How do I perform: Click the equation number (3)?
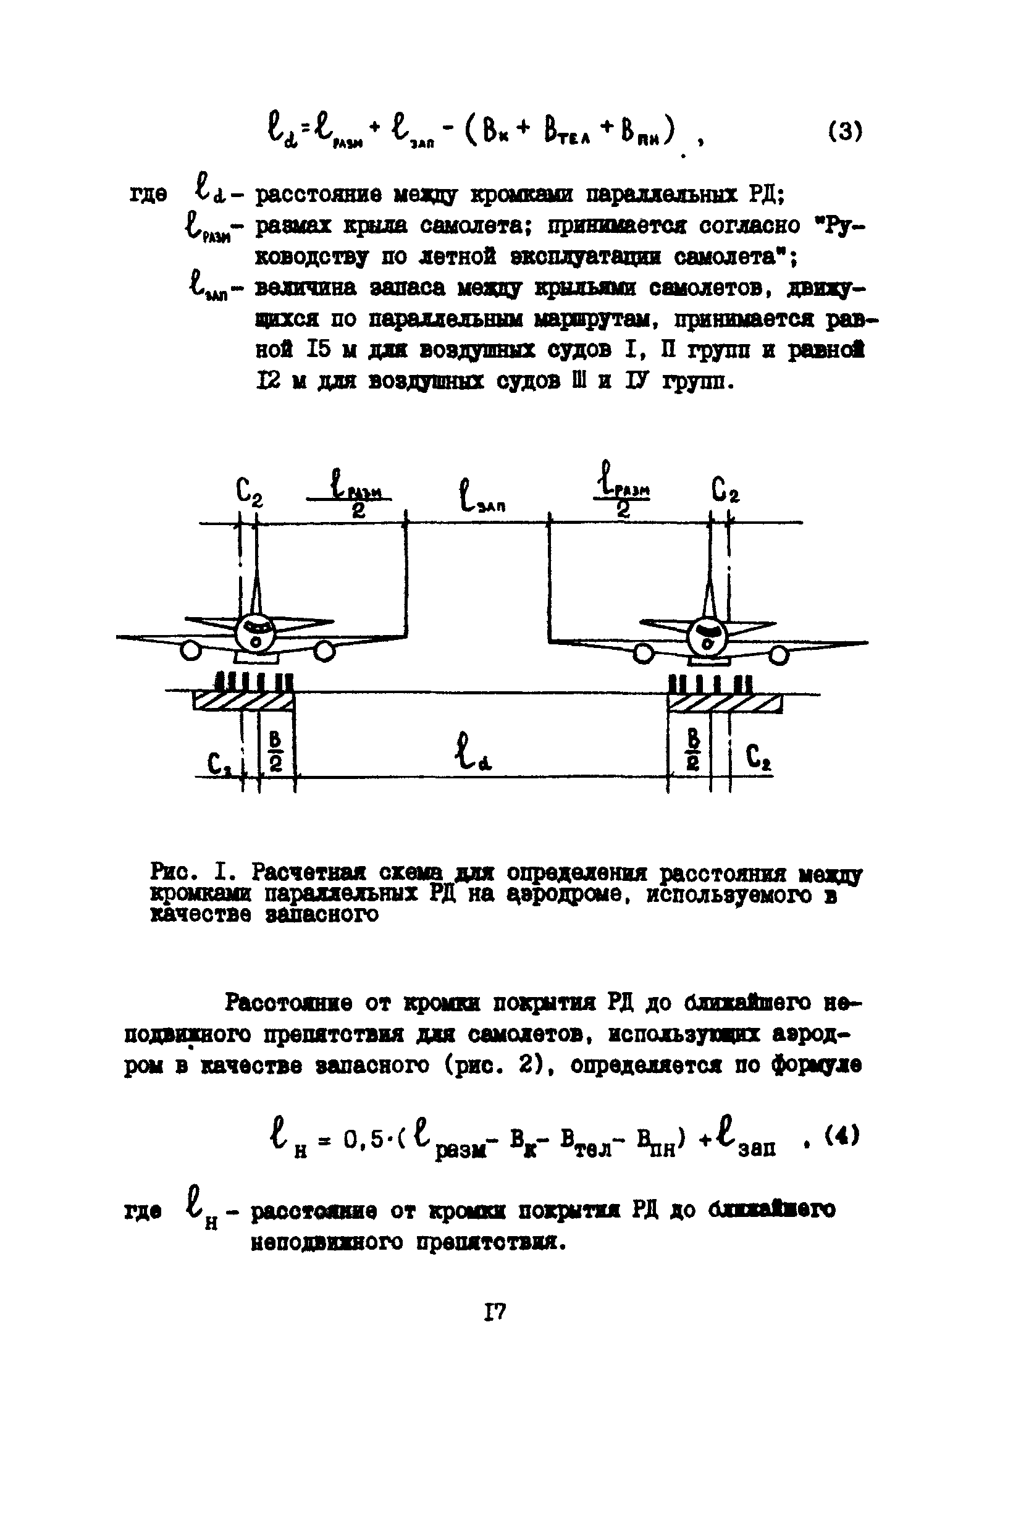click(x=845, y=132)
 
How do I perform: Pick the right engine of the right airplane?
click(x=779, y=654)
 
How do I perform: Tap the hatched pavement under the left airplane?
click(x=242, y=702)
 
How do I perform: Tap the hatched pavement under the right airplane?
click(x=725, y=704)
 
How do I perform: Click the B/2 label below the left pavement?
click(x=275, y=751)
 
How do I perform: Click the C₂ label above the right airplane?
click(x=725, y=490)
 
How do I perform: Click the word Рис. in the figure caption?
click(x=170, y=870)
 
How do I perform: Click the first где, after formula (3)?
click(x=148, y=195)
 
